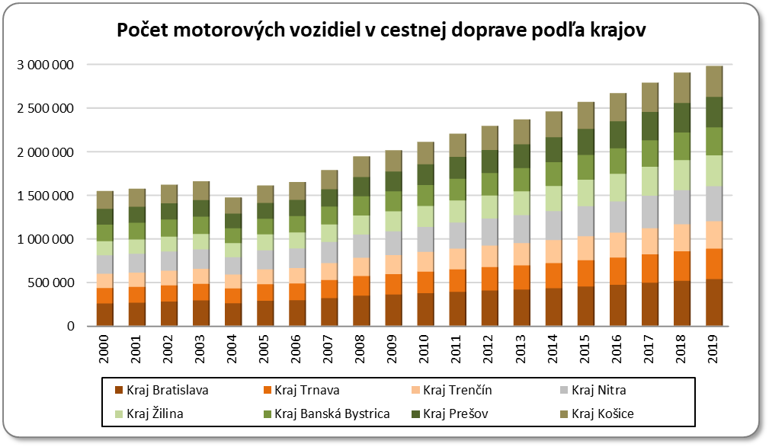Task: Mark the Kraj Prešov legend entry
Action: coord(457,413)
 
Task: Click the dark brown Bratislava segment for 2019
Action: coord(714,302)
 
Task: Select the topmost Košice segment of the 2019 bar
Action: coord(714,81)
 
